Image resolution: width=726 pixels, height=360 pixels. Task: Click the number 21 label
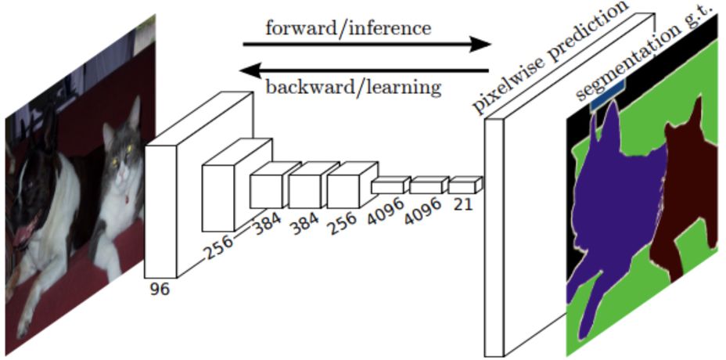464,204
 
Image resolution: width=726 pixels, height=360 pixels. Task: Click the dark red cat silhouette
688,180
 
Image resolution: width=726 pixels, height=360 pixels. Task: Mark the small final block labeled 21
463,185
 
